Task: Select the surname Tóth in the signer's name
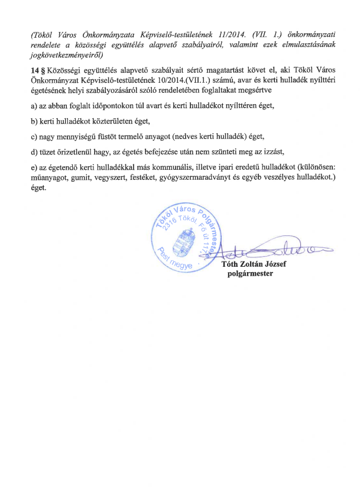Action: point(230,265)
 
